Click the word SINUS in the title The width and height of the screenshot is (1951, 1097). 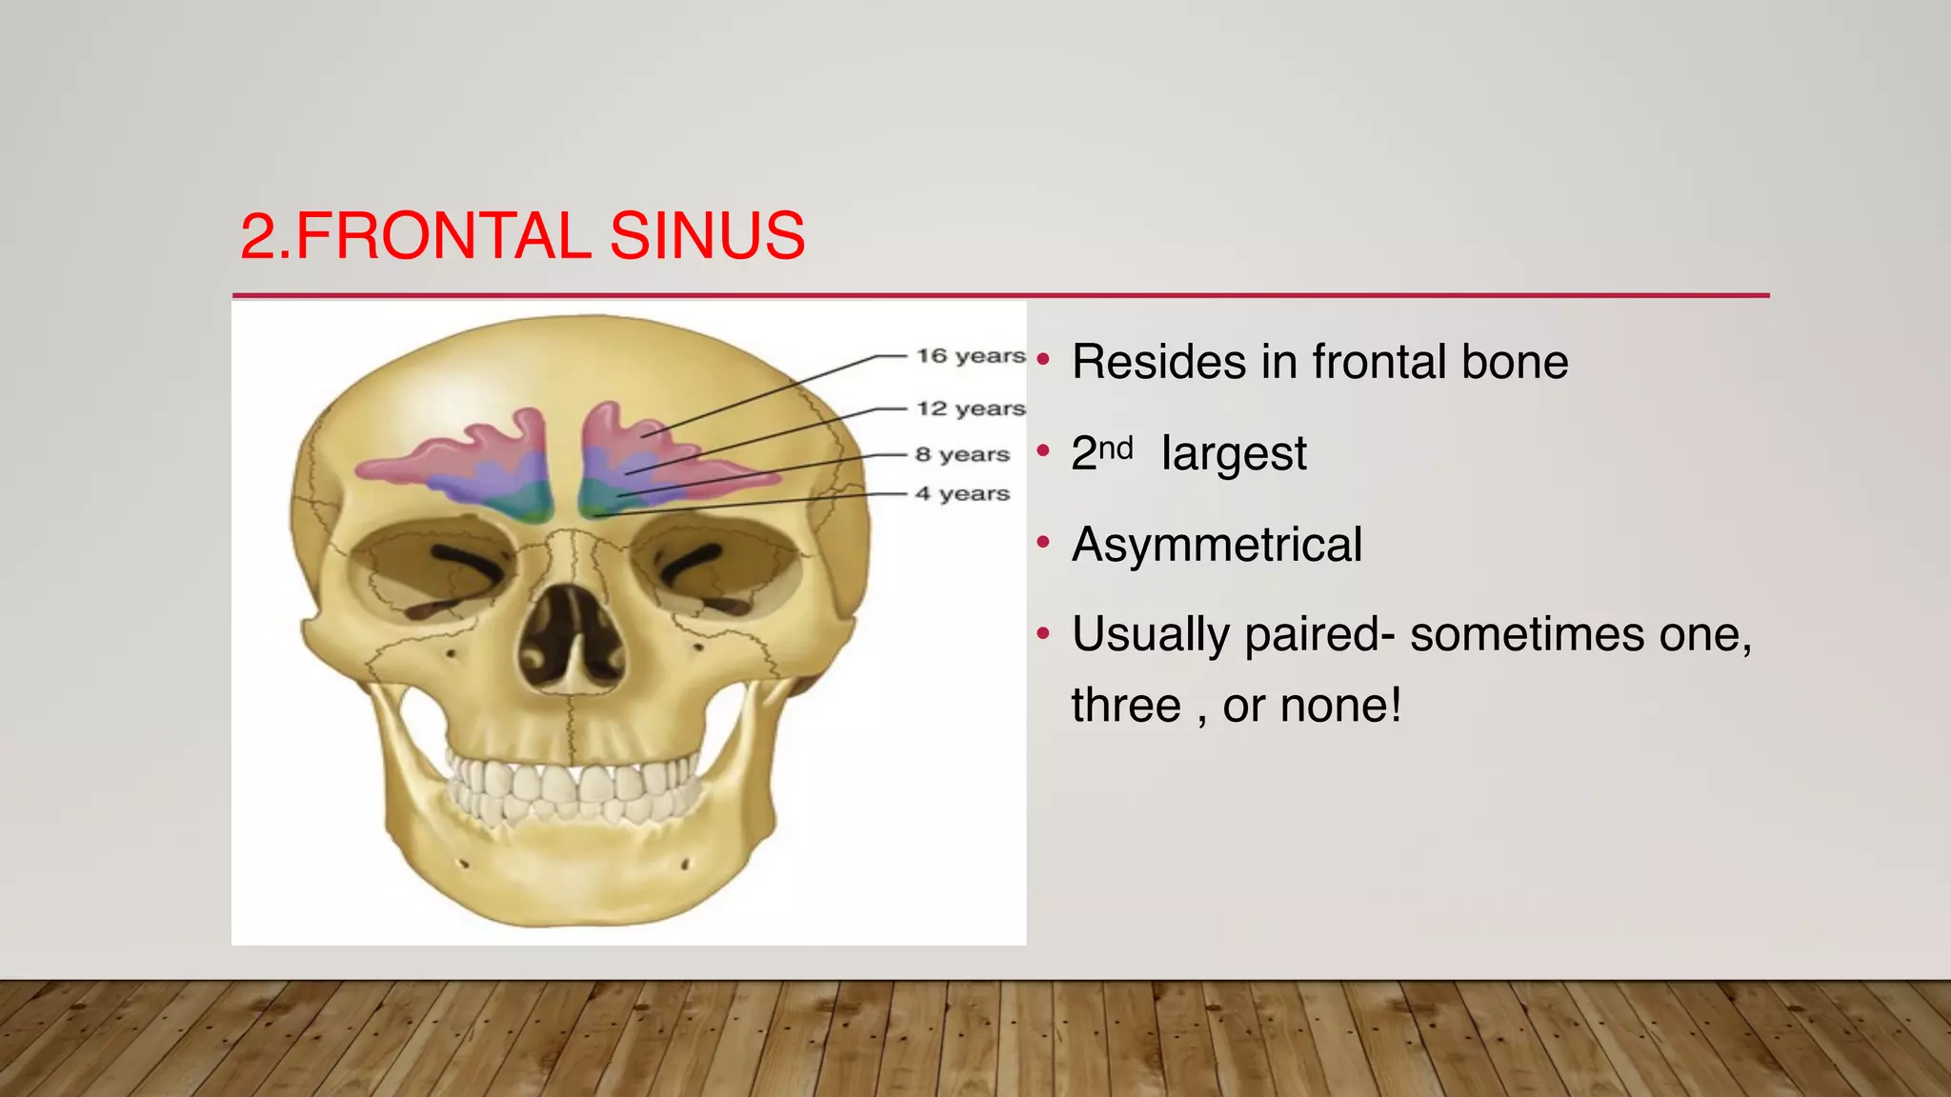tap(707, 236)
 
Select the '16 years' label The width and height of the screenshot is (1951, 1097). tap(970, 356)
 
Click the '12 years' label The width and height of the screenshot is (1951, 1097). tap(970, 409)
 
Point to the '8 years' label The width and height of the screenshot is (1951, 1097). tap(962, 454)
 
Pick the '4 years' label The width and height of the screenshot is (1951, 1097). tap(962, 493)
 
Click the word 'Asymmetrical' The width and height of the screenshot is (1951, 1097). tap(1217, 545)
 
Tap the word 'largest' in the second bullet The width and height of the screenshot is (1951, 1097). tap(1234, 453)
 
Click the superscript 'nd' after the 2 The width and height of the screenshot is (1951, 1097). tap(1116, 447)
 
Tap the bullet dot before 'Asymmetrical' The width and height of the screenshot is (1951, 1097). tap(1043, 543)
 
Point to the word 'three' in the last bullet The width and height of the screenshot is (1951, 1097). tap(1126, 706)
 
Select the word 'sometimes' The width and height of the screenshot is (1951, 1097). tap(1527, 634)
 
